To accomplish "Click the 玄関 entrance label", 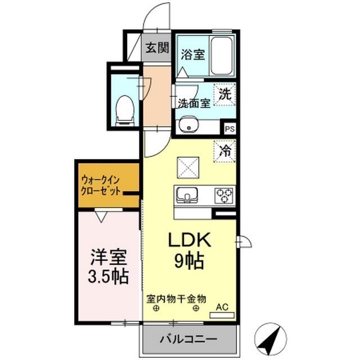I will [158, 48].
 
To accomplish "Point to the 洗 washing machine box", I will [224, 94].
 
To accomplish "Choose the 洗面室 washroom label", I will [194, 103].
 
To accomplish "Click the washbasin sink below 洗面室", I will [190, 125].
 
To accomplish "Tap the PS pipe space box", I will [229, 128].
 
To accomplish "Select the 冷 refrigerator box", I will [225, 151].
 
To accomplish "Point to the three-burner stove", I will [224, 195].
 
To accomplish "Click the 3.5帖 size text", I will [109, 276].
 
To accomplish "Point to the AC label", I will [223, 307].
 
